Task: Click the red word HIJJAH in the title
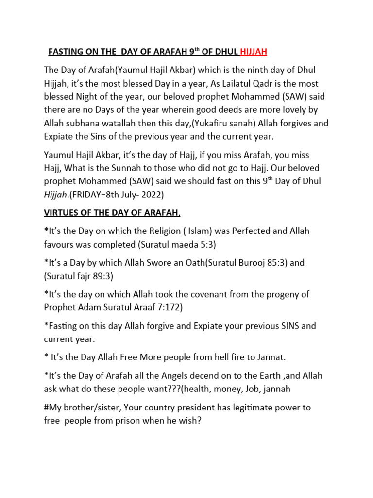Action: point(254,52)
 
